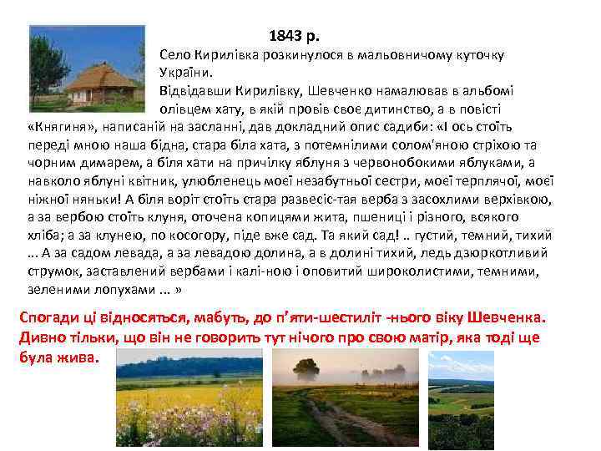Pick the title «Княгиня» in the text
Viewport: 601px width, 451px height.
click(x=62, y=127)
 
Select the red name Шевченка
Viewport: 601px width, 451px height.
click(x=502, y=319)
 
